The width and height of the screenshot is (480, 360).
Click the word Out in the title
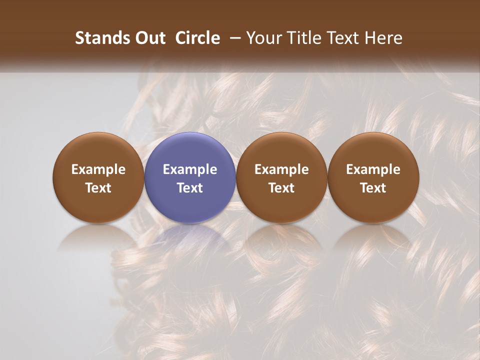click(x=148, y=38)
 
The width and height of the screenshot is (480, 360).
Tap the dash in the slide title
click(x=234, y=38)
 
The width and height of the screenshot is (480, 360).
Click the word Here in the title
click(x=383, y=38)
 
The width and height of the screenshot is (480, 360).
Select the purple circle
click(x=190, y=177)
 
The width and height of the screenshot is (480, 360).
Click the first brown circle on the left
click(x=98, y=177)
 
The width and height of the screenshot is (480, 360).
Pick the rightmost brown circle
click(x=373, y=177)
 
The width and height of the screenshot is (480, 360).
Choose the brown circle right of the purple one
click(x=281, y=177)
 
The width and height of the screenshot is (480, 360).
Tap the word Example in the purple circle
click(x=190, y=169)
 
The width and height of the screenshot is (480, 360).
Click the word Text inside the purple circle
click(x=190, y=188)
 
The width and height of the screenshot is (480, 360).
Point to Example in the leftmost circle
click(x=98, y=169)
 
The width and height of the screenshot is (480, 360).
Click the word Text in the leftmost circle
click(x=98, y=188)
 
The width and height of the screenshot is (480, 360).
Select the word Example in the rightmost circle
click(x=373, y=169)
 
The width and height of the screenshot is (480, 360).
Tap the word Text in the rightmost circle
click(x=373, y=188)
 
